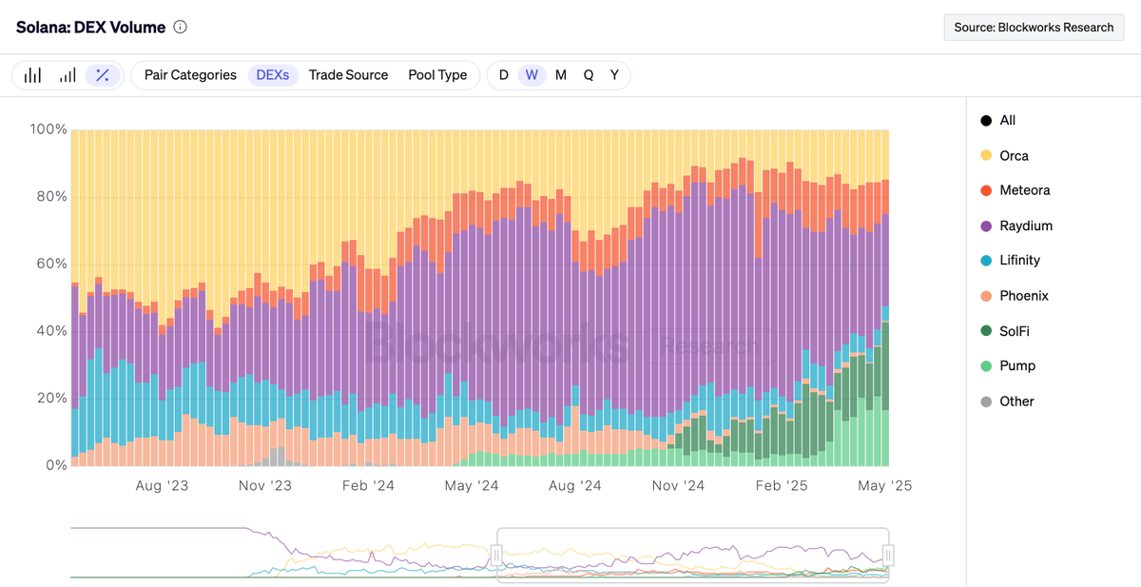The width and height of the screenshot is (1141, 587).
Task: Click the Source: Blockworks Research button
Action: click(x=1034, y=28)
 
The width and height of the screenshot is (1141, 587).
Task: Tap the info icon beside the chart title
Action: click(x=181, y=28)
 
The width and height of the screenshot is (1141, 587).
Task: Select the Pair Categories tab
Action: click(x=190, y=75)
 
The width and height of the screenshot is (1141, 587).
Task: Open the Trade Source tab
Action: click(x=348, y=75)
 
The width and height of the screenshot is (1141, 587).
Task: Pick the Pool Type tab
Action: click(x=437, y=75)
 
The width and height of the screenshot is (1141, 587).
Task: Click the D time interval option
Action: click(x=504, y=75)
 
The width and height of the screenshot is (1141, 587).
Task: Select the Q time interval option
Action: click(x=589, y=75)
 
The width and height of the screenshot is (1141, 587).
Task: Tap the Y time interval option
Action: click(x=614, y=75)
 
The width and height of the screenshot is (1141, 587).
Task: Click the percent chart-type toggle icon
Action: click(x=103, y=75)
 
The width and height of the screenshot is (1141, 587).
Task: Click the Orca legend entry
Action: click(x=1014, y=156)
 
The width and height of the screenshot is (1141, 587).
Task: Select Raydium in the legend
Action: click(x=1025, y=226)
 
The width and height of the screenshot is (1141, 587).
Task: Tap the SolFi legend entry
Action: click(x=1014, y=331)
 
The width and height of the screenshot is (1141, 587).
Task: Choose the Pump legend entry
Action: click(x=1016, y=366)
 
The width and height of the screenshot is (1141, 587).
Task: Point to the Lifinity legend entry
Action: click(x=1019, y=261)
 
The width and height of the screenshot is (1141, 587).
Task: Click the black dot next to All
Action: click(x=986, y=121)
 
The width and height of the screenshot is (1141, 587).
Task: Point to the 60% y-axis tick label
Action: click(x=48, y=264)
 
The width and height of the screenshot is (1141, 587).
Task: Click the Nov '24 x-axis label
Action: click(x=679, y=485)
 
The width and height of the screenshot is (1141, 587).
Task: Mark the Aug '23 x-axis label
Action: click(x=163, y=485)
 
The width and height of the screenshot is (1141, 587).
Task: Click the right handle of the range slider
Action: click(x=888, y=555)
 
